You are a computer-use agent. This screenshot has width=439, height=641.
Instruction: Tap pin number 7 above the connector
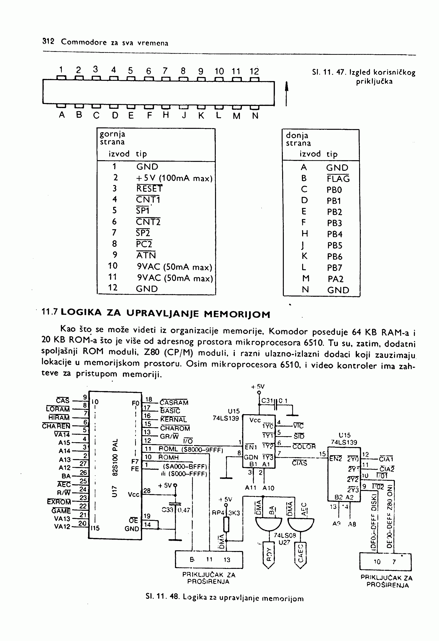coord(165,71)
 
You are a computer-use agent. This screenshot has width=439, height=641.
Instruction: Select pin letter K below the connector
coord(201,116)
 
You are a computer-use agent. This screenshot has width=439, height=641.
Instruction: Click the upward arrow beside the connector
coord(287,93)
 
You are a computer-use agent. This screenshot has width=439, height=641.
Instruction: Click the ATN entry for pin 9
coord(146,255)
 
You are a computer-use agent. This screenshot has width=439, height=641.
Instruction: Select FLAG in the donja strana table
coord(338,179)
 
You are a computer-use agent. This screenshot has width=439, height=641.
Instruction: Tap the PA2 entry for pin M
coord(335,279)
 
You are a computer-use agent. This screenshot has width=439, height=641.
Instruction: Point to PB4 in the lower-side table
coord(334,234)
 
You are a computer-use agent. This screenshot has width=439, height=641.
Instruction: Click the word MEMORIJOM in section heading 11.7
coord(237,314)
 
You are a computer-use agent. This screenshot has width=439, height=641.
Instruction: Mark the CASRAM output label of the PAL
coord(174,402)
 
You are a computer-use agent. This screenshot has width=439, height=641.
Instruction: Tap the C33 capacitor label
coord(167,510)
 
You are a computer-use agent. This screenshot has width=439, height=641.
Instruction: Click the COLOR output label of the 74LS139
coord(304,447)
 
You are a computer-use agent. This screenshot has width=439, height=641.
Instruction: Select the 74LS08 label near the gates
coord(285,535)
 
